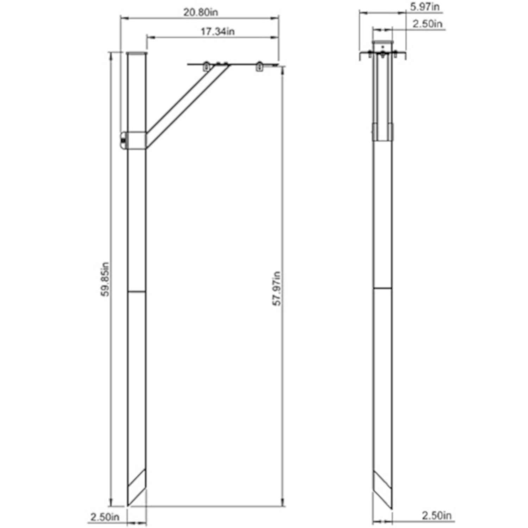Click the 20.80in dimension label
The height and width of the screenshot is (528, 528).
[200, 12]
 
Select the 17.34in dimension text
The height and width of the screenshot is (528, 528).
[218, 31]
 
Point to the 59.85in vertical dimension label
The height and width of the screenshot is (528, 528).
[105, 279]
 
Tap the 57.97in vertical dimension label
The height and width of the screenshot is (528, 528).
[277, 289]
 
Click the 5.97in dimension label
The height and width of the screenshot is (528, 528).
[425, 7]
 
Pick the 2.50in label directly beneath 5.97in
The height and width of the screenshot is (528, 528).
[427, 24]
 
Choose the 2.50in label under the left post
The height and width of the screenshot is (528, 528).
[105, 517]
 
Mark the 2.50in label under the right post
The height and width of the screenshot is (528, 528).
[436, 516]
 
